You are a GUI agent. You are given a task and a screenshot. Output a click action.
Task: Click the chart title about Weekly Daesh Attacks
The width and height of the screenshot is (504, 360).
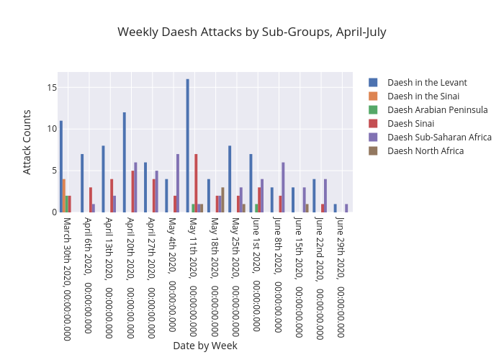(x=251, y=32)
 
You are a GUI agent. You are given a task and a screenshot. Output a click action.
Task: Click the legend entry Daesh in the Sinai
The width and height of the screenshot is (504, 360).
(x=423, y=96)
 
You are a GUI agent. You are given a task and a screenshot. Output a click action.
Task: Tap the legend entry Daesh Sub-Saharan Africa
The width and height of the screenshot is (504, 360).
(x=439, y=137)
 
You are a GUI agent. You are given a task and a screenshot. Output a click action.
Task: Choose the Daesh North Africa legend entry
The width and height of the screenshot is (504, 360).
(x=425, y=150)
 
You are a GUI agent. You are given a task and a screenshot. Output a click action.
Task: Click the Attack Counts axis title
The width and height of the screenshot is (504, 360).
(x=27, y=142)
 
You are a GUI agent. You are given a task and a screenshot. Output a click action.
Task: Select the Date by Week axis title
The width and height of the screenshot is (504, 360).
(x=204, y=346)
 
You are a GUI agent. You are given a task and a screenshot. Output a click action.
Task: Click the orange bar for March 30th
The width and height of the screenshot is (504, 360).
(x=64, y=195)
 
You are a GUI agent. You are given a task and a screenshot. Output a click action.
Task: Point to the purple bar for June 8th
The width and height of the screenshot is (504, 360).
(x=283, y=187)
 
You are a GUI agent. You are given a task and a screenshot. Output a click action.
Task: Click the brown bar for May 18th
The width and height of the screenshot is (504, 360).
(x=223, y=199)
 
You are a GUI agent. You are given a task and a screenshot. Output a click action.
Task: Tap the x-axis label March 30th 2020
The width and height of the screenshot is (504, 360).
(x=66, y=277)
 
